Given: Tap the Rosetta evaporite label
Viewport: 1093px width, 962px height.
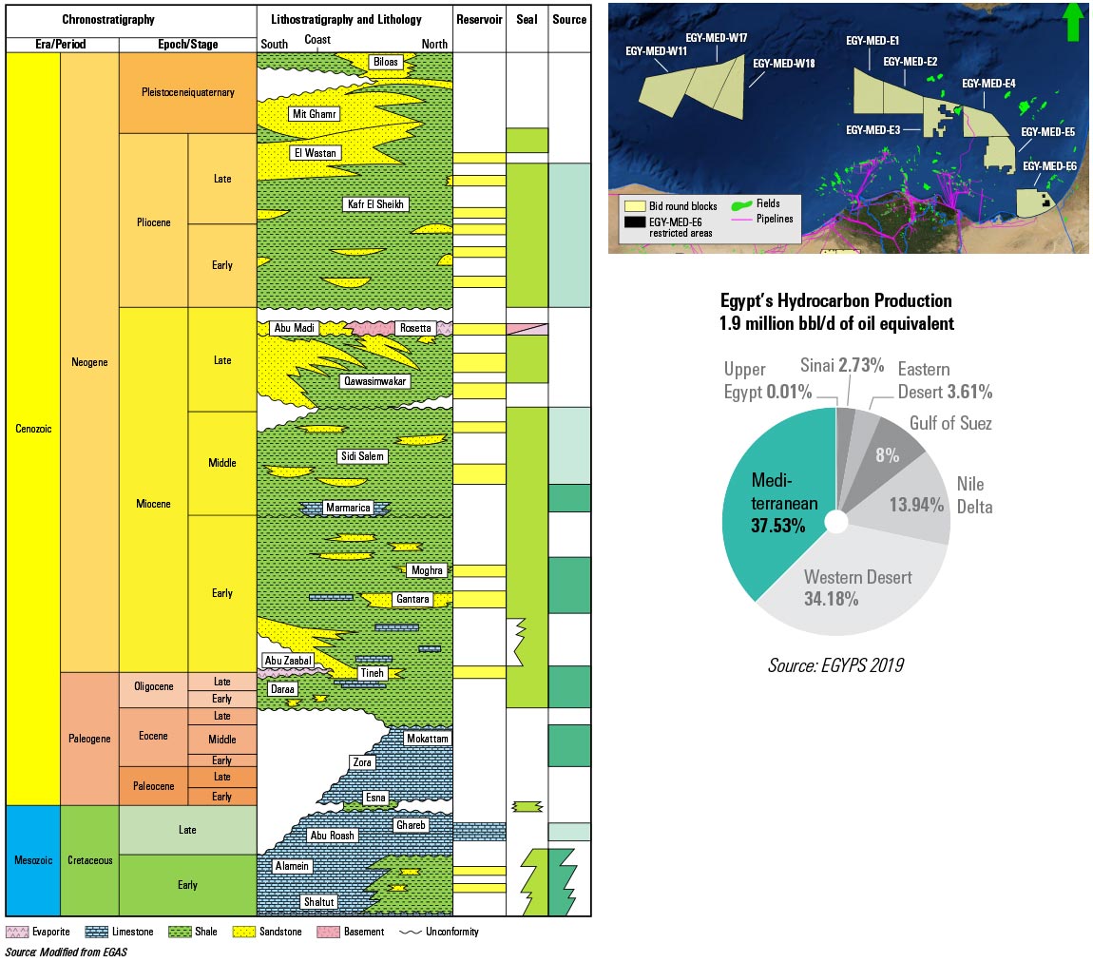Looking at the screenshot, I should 414,328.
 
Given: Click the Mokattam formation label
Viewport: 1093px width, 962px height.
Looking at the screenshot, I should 427,739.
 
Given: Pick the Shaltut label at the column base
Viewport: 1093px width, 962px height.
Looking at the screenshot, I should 319,901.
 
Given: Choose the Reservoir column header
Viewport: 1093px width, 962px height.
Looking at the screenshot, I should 479,19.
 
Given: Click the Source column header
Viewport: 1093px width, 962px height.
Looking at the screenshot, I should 569,19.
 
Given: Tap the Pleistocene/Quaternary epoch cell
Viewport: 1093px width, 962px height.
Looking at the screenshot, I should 187,93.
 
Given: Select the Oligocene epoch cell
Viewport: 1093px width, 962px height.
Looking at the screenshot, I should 152,690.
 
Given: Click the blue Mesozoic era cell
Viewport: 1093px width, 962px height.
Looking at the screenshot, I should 32,860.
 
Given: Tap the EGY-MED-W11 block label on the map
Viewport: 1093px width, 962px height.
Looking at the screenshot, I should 651,51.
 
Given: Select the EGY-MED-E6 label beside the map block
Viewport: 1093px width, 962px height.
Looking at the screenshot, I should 1049,166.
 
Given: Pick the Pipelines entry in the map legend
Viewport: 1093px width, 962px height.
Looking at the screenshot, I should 775,219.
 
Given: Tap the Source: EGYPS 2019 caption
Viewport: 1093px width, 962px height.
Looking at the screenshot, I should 834,665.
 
